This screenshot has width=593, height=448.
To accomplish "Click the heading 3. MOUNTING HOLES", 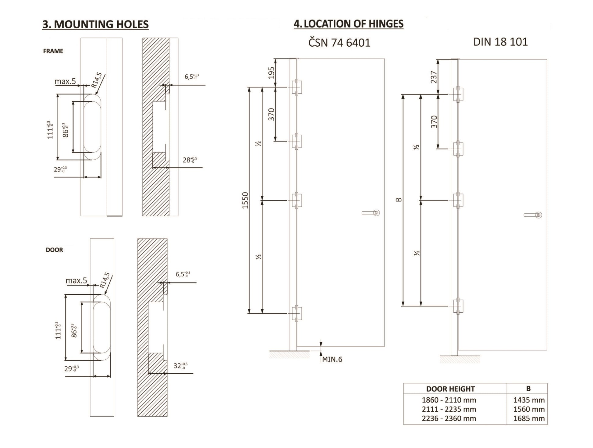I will click(x=95, y=24).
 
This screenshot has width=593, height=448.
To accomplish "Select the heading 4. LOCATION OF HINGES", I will click(x=349, y=24).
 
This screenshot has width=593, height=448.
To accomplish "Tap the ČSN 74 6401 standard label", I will click(x=339, y=43).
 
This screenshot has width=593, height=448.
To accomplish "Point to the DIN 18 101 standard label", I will click(x=500, y=42).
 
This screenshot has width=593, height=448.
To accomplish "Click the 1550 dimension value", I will click(x=245, y=200).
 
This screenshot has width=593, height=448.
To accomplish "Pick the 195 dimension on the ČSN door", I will click(x=271, y=73).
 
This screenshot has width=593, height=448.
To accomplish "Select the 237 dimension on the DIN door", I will click(x=434, y=77).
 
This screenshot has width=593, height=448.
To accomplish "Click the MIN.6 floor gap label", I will click(x=332, y=359).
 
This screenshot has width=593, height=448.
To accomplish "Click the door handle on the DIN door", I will click(x=533, y=215).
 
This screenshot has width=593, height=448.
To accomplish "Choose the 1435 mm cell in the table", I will click(x=529, y=400).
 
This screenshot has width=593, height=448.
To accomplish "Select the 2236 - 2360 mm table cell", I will click(x=449, y=418).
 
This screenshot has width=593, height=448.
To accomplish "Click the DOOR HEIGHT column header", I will click(x=450, y=389).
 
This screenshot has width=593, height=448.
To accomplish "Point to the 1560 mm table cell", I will click(x=529, y=409).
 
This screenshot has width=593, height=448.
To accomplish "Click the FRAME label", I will click(x=53, y=51).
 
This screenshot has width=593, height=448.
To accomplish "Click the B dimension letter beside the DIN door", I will click(x=399, y=200).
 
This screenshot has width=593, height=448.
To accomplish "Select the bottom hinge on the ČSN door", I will click(x=296, y=314).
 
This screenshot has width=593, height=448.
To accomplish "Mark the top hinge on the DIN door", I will click(x=458, y=94).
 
